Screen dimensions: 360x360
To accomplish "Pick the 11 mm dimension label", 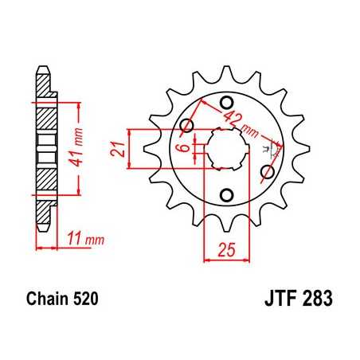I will coord(83,237).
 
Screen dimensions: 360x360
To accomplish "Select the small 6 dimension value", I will coord(182,147).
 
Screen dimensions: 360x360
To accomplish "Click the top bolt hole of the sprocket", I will coord(225,101).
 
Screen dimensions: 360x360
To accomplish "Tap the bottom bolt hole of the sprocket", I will coord(226,195).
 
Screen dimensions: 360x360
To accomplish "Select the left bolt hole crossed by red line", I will coord(189,125).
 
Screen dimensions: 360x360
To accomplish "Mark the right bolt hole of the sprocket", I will coord(268,171).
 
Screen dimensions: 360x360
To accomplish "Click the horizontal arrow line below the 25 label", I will coord(226,257).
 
